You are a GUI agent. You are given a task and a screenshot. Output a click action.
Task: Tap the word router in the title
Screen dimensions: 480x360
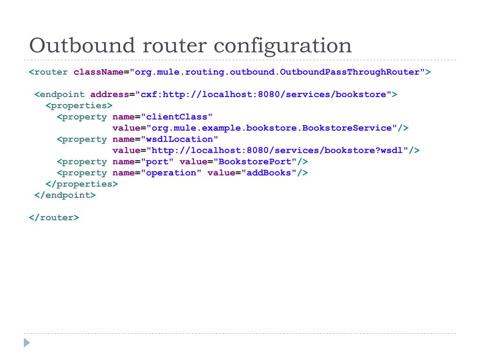[x=166, y=45]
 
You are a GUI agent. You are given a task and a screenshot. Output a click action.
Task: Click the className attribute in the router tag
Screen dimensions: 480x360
[x=98, y=72]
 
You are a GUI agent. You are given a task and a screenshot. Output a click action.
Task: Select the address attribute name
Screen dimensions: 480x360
[x=110, y=94]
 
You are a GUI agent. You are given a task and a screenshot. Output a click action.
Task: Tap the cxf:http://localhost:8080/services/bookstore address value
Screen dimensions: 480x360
[x=263, y=94]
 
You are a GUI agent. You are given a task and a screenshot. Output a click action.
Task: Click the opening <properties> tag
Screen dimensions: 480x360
[x=79, y=105]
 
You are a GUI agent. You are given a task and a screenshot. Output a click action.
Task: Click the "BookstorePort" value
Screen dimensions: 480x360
[x=255, y=162]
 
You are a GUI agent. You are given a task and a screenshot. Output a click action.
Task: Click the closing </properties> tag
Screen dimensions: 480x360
[x=82, y=184]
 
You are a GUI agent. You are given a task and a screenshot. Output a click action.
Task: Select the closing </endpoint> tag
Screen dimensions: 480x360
[x=65, y=195]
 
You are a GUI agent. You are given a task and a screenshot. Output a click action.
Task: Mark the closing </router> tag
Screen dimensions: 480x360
[x=54, y=218]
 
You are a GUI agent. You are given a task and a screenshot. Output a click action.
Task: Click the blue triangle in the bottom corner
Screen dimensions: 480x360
[x=27, y=343]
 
